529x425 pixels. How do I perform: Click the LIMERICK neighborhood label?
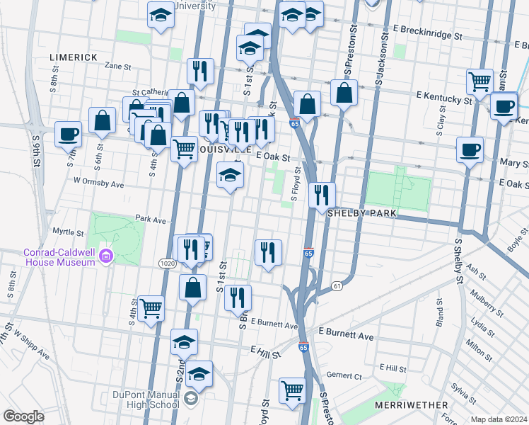(74, 57)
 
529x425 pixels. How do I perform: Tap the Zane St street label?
(118, 67)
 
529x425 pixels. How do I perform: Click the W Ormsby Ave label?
(98, 183)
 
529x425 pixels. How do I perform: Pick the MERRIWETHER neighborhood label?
(413, 405)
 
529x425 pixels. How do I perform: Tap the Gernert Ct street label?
(344, 375)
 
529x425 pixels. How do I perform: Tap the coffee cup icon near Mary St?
(470, 149)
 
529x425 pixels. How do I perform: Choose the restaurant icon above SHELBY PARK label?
(322, 194)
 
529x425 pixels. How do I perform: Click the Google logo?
(23, 416)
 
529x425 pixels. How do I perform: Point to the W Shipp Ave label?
(31, 344)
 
